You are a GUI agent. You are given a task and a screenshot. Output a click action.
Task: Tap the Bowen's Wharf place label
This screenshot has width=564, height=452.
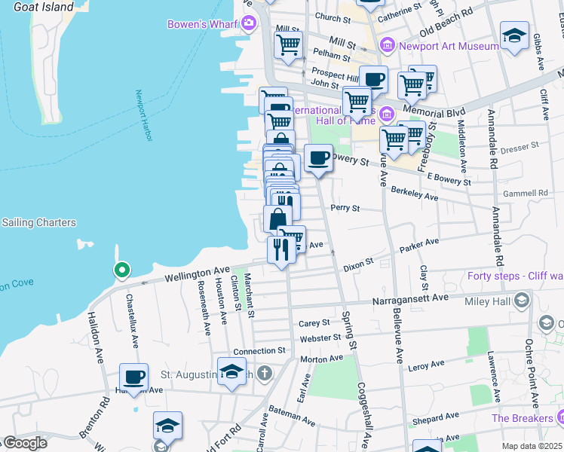[x=204, y=23]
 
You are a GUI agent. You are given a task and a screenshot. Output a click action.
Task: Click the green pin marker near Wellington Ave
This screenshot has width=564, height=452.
[x=121, y=270]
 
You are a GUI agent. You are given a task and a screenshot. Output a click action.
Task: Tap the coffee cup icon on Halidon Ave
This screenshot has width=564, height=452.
[x=134, y=377]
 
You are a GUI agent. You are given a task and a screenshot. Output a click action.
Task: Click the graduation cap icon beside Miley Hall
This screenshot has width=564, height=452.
[x=521, y=301]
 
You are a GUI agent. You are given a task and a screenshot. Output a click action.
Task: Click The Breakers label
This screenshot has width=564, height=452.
[x=523, y=418]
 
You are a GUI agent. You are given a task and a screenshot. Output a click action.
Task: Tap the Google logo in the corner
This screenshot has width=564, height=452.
[x=24, y=443]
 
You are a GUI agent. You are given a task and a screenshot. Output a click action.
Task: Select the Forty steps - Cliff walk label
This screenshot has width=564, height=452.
[x=515, y=275]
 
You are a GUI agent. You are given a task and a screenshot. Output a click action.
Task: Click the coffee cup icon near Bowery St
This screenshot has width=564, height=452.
[x=318, y=157]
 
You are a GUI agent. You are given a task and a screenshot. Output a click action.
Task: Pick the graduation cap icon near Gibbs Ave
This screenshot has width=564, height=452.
[x=514, y=35]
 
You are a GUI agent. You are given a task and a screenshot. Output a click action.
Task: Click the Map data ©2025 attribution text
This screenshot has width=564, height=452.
[x=532, y=446]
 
